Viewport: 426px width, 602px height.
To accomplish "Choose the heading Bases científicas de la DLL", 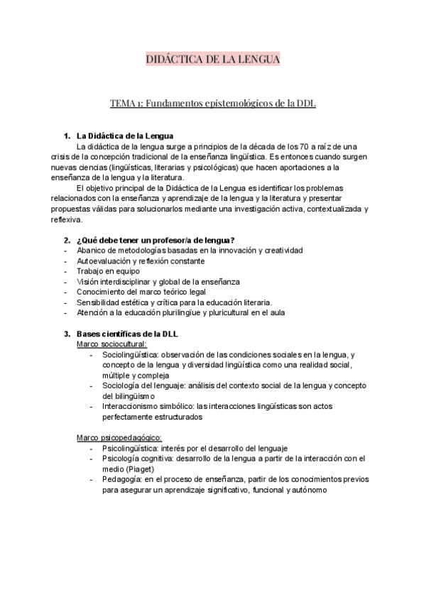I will coord(126,334).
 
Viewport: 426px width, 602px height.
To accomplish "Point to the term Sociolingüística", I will coord(129,354).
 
